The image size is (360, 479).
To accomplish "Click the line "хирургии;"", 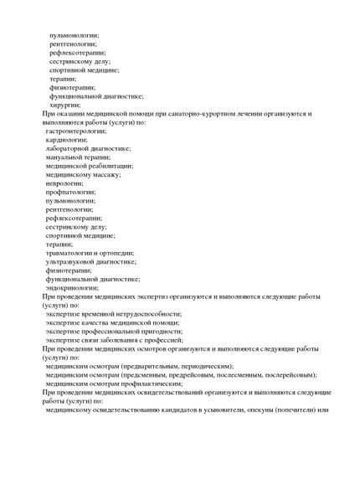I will pyautogui.click(x=64, y=105).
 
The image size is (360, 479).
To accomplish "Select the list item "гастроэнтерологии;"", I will pyautogui.click(x=76, y=131).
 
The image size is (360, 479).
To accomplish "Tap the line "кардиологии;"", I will pyautogui.click(x=66, y=140).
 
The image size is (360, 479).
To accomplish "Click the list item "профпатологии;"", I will pyautogui.click(x=70, y=192).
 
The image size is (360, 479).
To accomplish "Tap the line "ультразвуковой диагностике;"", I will pyautogui.click(x=91, y=261).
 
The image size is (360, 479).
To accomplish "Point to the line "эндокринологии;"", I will pyautogui.click(x=72, y=287).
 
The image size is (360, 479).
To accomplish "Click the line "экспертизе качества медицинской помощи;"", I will pyautogui.click(x=113, y=322).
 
